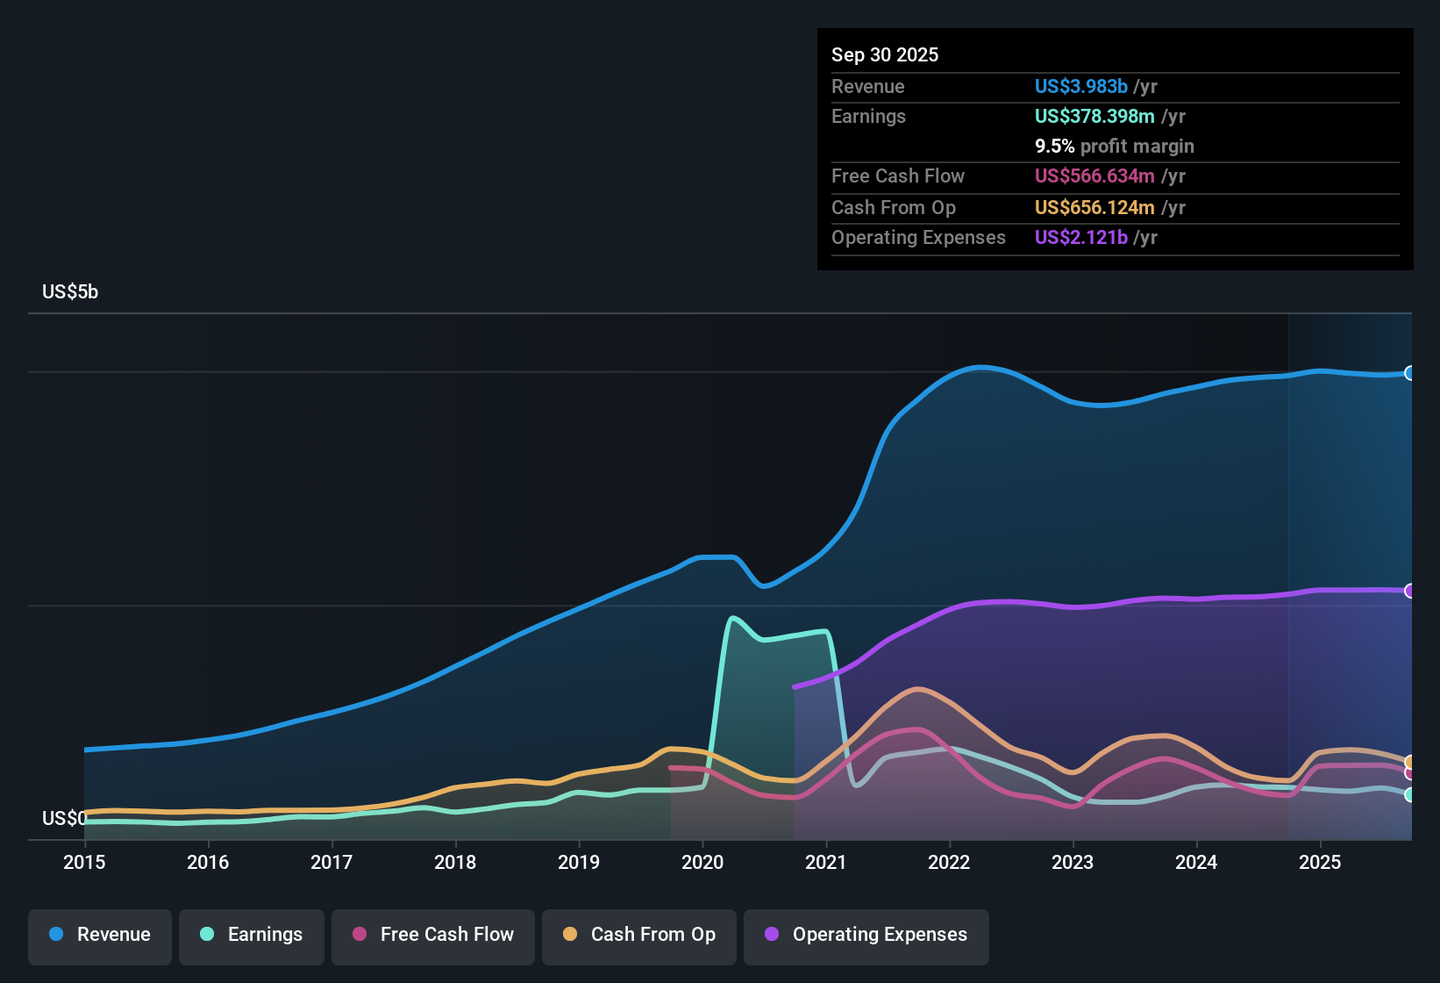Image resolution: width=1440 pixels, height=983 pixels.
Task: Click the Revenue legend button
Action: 100,936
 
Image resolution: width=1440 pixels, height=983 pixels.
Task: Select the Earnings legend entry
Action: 252,936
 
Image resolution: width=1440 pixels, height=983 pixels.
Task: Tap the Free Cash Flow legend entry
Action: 433,936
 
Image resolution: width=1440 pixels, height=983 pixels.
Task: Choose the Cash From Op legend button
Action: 639,936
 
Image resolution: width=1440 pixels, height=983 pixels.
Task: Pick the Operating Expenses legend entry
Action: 866,936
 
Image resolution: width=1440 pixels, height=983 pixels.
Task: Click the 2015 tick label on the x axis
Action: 84,862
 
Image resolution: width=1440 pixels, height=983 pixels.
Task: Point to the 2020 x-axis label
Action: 702,862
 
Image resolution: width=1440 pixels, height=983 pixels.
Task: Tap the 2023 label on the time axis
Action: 1073,862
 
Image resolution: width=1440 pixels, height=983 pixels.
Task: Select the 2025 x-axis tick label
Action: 1320,862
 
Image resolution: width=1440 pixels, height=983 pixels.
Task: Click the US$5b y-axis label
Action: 70,292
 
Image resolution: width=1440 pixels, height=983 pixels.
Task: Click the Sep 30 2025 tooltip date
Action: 885,54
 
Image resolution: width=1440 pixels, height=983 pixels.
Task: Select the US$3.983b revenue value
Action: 1080,86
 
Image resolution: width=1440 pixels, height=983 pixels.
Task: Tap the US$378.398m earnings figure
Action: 1094,116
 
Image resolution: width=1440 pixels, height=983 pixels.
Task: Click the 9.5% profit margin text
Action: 1114,146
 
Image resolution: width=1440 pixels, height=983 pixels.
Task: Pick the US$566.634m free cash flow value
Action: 1094,176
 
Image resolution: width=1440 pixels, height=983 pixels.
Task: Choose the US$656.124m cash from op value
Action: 1094,207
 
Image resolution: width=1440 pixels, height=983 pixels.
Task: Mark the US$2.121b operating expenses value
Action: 1080,237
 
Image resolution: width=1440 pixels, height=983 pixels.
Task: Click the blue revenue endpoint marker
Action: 1409,373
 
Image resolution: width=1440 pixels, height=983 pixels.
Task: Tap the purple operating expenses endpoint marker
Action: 1409,591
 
